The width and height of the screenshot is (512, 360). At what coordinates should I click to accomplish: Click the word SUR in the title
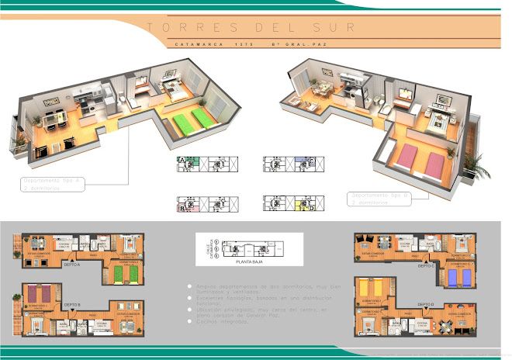336,27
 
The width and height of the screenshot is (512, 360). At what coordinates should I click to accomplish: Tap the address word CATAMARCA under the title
194,44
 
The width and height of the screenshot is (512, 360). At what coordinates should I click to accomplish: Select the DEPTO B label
72,304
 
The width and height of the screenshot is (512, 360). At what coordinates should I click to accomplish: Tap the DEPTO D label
427,304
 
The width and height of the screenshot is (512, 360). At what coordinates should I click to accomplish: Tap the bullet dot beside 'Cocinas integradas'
189,320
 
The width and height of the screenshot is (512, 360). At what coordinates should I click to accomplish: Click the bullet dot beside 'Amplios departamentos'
189,286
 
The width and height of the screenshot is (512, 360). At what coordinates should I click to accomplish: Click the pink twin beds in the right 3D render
422,161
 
